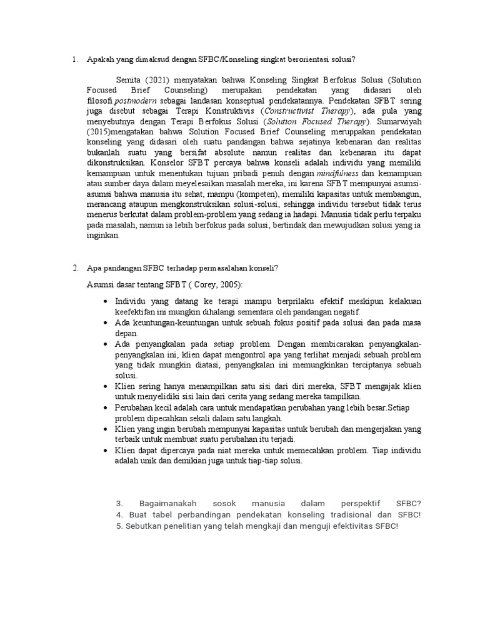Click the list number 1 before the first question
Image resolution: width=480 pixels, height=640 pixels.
74,59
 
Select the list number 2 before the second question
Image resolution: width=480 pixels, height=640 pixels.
74,268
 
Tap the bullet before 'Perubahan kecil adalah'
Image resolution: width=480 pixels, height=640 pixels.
106,407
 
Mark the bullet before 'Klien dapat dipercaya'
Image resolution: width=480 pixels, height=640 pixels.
106,450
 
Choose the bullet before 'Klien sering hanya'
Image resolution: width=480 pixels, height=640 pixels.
106,386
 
